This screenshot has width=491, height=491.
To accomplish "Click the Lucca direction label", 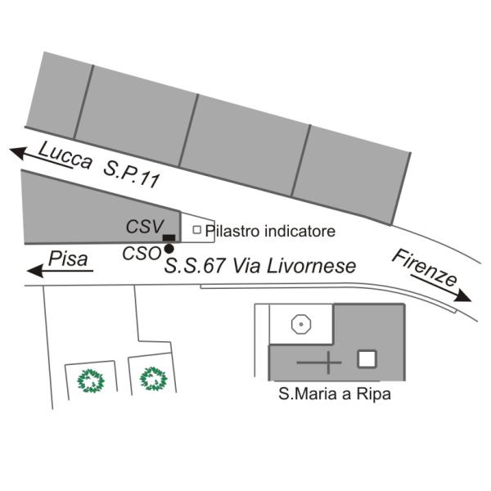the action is coord(65,155).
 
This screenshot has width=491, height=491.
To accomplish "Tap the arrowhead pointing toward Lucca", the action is coord(19,152).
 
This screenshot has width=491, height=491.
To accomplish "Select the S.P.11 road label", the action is coord(132,176).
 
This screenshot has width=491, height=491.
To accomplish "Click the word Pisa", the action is coord(68,259).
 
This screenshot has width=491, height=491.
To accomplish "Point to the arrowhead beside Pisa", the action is coord(35,271).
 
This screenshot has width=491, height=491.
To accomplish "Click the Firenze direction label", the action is coord(424,268).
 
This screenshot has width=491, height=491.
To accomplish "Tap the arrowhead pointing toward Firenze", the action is coord(463,295).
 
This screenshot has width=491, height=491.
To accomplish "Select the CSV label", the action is coord(145,226).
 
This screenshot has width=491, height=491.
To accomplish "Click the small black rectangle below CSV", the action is coord(169,237).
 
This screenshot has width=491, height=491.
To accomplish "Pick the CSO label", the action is coord(142,254).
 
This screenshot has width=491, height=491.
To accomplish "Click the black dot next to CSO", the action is coord(169,249).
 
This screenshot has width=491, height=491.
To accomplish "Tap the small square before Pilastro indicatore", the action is coord(196,230).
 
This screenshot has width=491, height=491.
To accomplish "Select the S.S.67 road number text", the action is coord(195,266).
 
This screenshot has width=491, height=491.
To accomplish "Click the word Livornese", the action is coord(312,266).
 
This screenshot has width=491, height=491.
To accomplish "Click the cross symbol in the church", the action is coord(328,363).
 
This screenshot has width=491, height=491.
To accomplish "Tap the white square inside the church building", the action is coord(367,359).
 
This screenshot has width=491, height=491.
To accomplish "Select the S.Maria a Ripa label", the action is coord(335,394).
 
